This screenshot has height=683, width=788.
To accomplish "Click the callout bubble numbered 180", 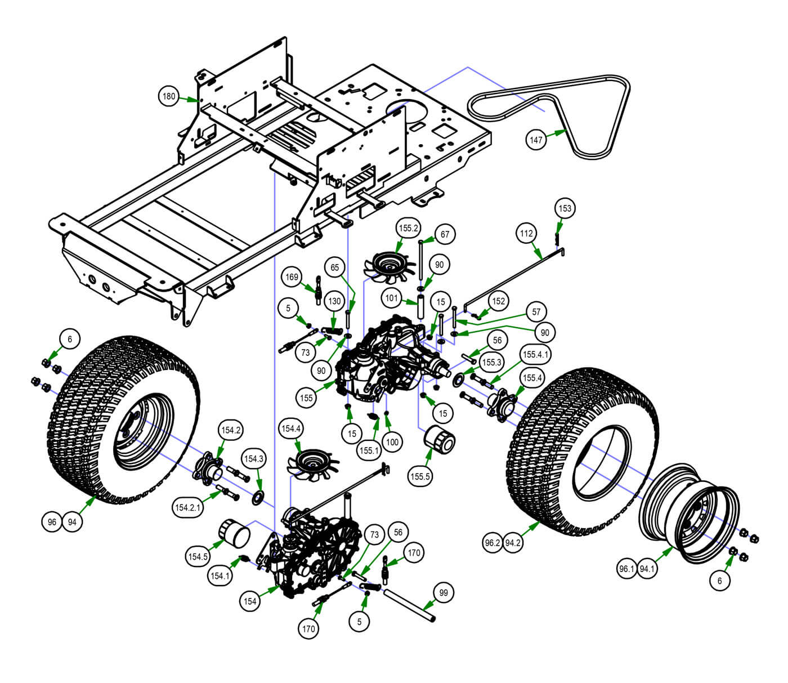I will (169, 96).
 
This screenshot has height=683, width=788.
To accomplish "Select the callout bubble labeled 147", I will (536, 139).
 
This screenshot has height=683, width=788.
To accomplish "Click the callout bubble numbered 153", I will (565, 208).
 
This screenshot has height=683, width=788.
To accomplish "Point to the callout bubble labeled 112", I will (526, 233).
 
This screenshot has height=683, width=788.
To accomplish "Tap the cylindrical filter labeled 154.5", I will (234, 534).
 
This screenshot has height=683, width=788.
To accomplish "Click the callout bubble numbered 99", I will (444, 593).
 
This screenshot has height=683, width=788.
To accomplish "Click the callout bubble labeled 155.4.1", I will (535, 355).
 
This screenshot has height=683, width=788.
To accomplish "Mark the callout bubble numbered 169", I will (292, 277).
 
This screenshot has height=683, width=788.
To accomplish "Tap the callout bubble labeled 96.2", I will (492, 543).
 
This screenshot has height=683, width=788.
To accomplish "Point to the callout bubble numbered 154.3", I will (253, 459).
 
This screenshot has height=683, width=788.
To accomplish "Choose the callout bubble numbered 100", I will (392, 442).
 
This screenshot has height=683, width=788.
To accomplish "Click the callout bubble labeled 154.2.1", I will (187, 507).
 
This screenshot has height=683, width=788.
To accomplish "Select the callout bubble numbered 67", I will (445, 234).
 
